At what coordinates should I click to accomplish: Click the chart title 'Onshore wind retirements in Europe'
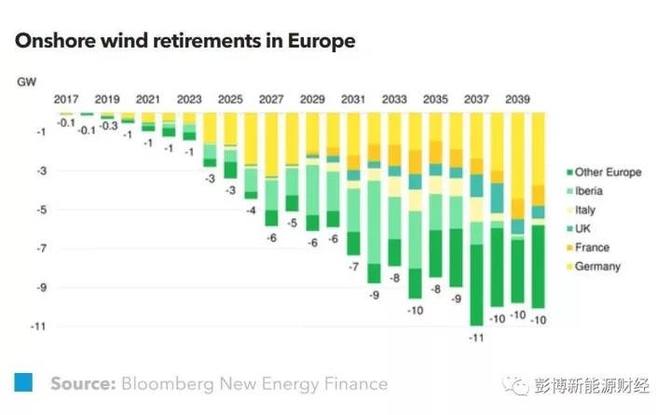point(184,42)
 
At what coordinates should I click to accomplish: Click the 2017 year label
point(66,99)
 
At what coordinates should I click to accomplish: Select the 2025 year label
point(230,99)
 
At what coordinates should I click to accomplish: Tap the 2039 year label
point(517,99)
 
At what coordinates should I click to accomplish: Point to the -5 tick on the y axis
point(38,210)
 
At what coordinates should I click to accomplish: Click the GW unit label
point(26,83)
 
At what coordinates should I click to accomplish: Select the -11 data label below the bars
point(476,338)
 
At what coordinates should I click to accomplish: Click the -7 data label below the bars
point(353,268)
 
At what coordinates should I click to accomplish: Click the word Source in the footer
point(82,383)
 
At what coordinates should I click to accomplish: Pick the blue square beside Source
point(23,381)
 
